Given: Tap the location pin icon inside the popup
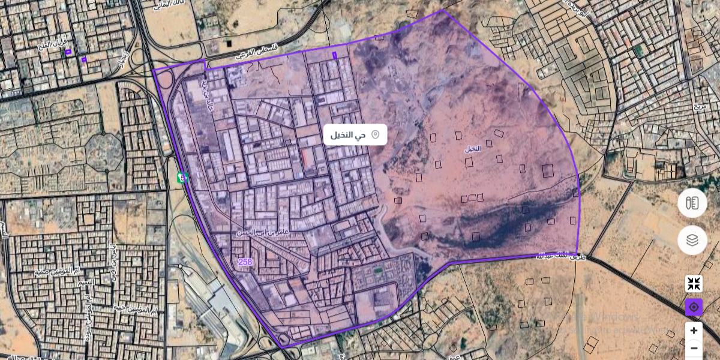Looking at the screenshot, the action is (x=376, y=134).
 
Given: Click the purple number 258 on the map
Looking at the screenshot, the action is (x=245, y=262).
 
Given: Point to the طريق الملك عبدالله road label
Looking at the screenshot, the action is (x=562, y=256).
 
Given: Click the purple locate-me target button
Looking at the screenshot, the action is (x=694, y=307).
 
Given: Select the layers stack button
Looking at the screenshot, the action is (x=692, y=240).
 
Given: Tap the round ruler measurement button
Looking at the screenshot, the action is (x=692, y=203).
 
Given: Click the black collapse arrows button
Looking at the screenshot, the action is (x=694, y=284).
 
